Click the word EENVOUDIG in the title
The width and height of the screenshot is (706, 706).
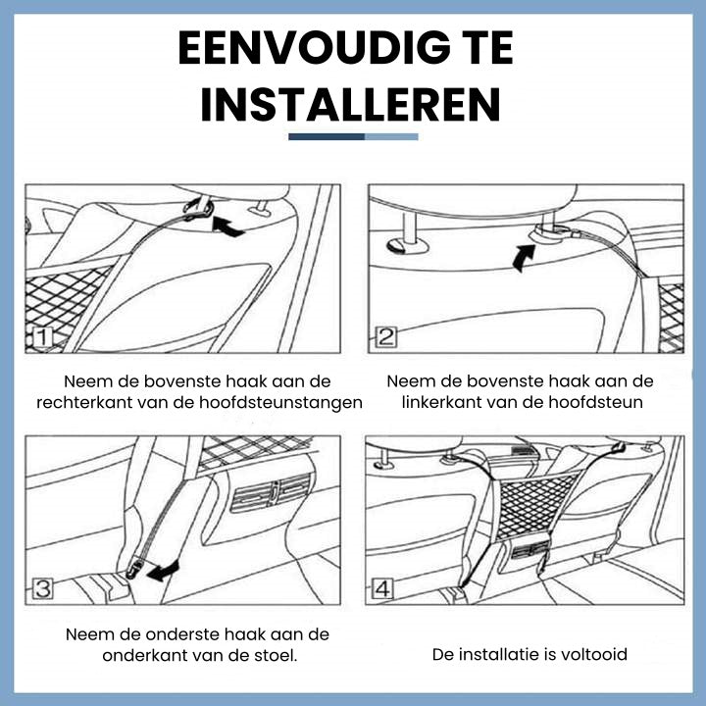click(315, 48)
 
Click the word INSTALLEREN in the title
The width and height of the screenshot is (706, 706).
click(350, 105)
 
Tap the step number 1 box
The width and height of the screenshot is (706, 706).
click(42, 337)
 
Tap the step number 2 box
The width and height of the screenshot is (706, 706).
click(386, 336)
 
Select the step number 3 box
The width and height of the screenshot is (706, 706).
click(43, 588)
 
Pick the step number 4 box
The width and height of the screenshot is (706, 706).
click(382, 588)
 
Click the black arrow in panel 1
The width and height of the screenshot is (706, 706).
click(227, 227)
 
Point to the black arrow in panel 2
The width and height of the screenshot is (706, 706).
click(524, 258)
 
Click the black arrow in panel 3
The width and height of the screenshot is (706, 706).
click(163, 571)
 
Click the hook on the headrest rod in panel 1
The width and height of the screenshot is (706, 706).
click(198, 208)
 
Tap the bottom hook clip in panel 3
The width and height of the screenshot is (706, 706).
click(133, 569)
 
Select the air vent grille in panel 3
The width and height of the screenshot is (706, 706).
click(272, 493)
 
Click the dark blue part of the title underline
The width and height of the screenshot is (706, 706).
click(327, 137)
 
